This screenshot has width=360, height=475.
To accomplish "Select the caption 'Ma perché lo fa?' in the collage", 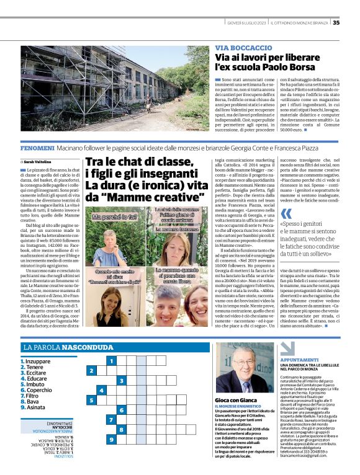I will pos(115,218).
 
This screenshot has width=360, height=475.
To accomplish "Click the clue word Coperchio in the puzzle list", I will pos(38,390).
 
